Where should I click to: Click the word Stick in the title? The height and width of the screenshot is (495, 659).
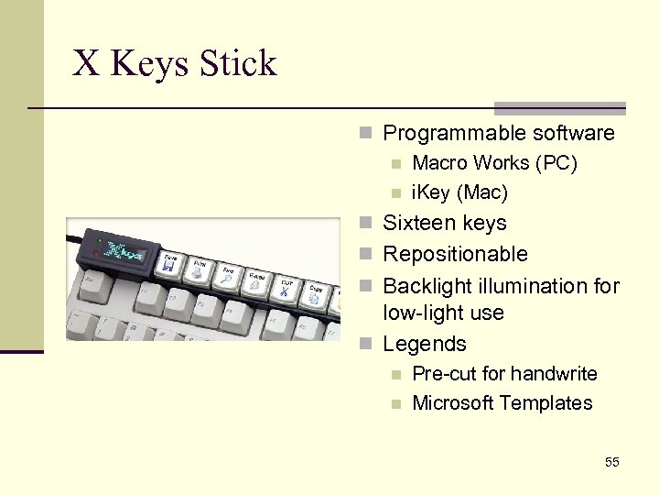(238, 64)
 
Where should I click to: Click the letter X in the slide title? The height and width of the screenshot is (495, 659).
(86, 64)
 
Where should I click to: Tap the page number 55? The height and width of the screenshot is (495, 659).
(612, 462)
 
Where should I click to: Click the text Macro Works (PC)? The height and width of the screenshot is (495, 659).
(494, 163)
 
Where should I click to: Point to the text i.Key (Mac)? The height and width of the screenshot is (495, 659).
(459, 192)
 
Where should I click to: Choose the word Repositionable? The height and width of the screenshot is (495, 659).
(455, 254)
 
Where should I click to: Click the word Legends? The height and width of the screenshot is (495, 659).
(425, 344)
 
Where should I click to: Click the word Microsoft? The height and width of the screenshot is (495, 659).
(453, 403)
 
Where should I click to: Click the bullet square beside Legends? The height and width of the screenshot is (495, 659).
(366, 345)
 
